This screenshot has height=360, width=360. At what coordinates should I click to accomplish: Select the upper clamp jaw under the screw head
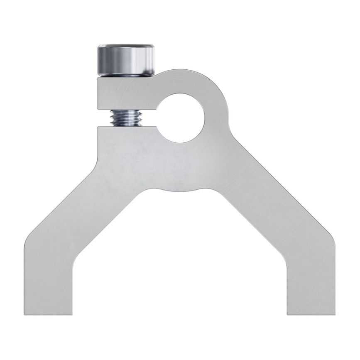[125, 93]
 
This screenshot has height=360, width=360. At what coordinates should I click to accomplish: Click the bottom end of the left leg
[49, 313]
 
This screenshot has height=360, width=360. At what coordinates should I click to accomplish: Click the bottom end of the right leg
[311, 313]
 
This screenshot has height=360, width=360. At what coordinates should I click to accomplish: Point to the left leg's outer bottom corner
[25, 314]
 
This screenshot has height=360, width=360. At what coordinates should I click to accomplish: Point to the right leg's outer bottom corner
[334, 314]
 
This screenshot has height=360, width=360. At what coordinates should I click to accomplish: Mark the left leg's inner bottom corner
[73, 314]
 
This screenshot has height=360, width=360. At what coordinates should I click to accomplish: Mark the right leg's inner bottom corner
[287, 314]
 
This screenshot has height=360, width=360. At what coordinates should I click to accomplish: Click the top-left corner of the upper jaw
[99, 78]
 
